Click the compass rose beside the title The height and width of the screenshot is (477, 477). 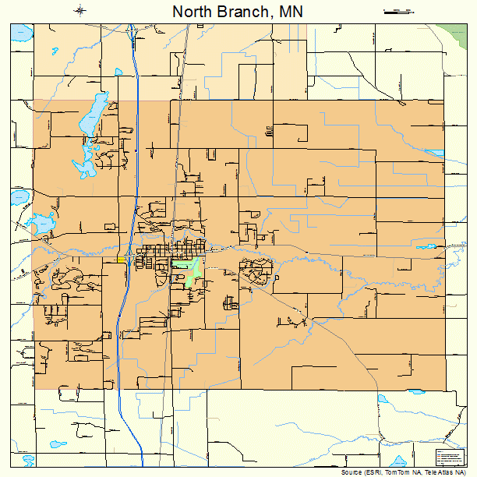(x=81, y=10)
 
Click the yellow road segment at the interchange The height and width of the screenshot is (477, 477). (x=127, y=258)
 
